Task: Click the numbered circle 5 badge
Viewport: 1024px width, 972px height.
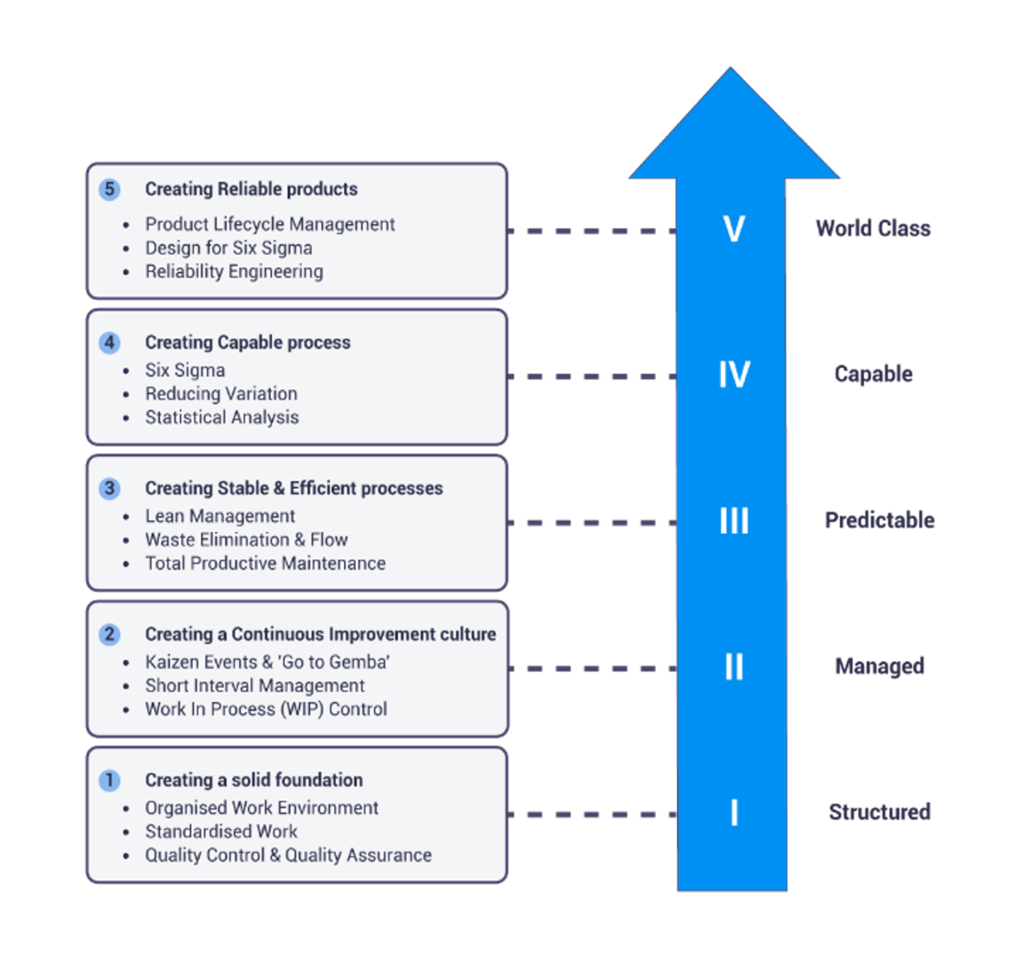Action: (109, 189)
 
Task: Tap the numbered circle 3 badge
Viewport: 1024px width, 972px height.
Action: (109, 489)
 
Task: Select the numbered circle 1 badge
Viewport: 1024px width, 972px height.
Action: (109, 780)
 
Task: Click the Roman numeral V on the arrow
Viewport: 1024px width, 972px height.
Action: (734, 229)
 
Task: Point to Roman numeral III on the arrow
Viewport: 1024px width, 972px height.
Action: (734, 520)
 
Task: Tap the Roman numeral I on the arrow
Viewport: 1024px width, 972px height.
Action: (734, 812)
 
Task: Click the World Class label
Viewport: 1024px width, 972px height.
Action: (873, 229)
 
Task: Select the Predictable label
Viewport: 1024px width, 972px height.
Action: (879, 520)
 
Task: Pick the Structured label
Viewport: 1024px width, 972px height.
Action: (880, 812)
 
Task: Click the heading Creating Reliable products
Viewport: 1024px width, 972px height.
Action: (251, 189)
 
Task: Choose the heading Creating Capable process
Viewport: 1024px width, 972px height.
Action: (247, 342)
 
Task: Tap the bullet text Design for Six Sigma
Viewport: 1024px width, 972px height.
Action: (229, 248)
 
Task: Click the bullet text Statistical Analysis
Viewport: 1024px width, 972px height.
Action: (222, 417)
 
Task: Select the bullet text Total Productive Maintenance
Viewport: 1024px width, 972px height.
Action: (265, 564)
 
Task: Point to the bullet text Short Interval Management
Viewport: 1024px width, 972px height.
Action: (255, 686)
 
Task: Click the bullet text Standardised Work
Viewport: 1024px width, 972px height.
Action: (221, 832)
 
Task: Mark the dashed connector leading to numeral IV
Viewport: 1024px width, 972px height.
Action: (592, 377)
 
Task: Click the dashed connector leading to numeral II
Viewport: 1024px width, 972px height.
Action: (592, 668)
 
